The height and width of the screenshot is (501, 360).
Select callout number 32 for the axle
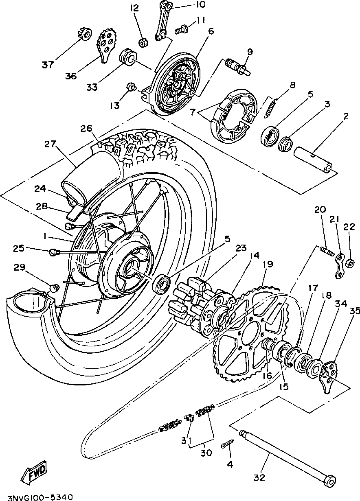260,477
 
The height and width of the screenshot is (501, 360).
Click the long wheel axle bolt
285,455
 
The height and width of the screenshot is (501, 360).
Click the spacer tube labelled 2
313,161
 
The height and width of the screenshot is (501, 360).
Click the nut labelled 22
349,265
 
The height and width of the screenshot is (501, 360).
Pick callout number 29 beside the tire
19,267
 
